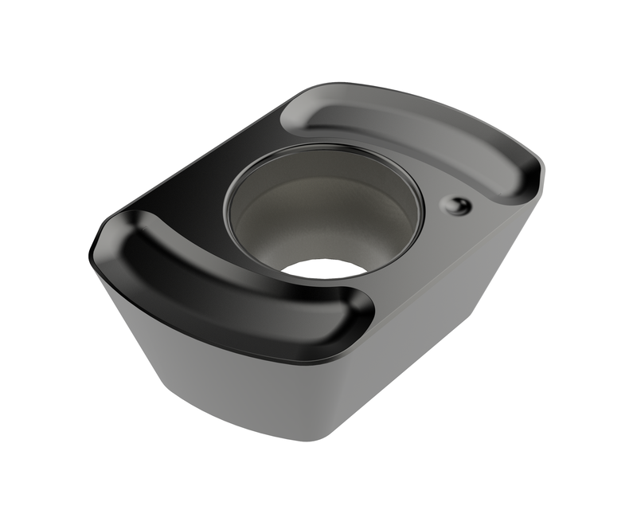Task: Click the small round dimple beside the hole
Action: pyautogui.click(x=456, y=206)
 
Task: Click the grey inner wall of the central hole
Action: pyautogui.click(x=318, y=211)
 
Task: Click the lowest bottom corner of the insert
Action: pyautogui.click(x=318, y=438)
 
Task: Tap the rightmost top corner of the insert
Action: pyautogui.click(x=541, y=171)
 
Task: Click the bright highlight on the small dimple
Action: pyautogui.click(x=453, y=203)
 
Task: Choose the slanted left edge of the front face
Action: pyautogui.click(x=127, y=335)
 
